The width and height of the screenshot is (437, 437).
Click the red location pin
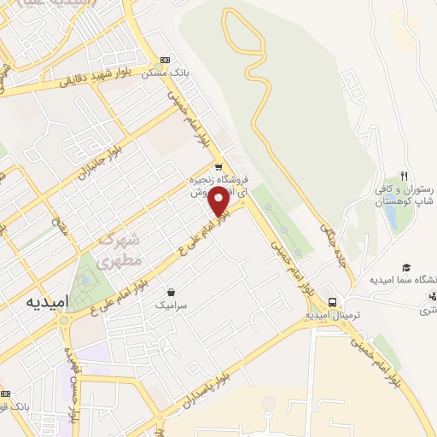click(218, 201)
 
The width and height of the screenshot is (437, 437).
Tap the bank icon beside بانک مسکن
click(164, 61)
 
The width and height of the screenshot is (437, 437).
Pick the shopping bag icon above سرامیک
click(172, 292)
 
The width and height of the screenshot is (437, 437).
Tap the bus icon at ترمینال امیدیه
click(333, 302)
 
